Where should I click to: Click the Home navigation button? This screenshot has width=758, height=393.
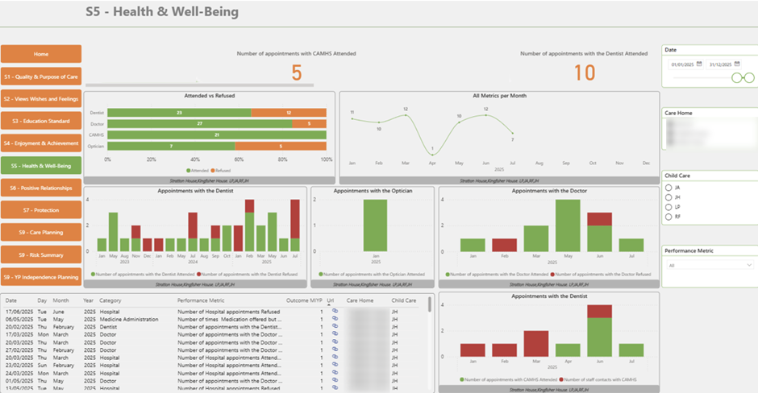[41, 54]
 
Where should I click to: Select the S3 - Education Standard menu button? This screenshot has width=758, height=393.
[41, 121]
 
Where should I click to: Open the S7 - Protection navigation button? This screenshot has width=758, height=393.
[41, 210]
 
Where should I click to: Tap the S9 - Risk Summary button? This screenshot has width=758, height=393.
[41, 254]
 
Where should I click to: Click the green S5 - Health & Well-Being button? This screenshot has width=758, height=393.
[41, 166]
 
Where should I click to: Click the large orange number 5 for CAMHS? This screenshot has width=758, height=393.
[296, 73]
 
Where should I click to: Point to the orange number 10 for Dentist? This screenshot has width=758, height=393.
[584, 73]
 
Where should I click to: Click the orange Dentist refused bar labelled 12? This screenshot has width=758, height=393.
[289, 113]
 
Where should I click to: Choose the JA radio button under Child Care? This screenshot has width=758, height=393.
[668, 188]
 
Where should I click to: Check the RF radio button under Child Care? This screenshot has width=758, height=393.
[668, 217]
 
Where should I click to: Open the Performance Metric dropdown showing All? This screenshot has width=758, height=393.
[710, 264]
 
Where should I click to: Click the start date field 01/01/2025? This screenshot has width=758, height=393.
[682, 64]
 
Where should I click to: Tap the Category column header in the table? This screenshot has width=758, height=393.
[110, 300]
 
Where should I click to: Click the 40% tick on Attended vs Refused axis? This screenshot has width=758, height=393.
[195, 159]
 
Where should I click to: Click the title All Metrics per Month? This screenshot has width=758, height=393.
[499, 96]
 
